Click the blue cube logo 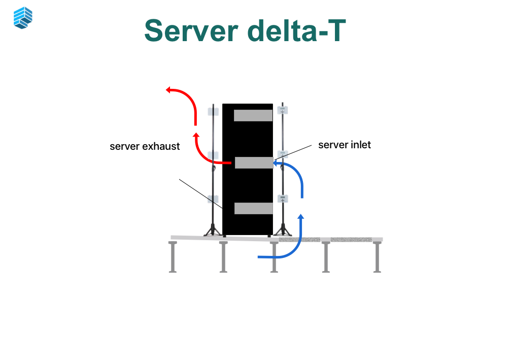[23, 17]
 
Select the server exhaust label [145, 146]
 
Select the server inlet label [345, 145]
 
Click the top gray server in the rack [253, 115]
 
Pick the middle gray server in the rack [254, 162]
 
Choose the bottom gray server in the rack [253, 208]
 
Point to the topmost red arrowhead [169, 90]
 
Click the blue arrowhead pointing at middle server [276, 163]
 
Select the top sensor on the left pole [213, 111]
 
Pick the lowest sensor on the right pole [283, 198]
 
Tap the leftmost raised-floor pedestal [173, 256]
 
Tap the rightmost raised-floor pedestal [377, 256]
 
